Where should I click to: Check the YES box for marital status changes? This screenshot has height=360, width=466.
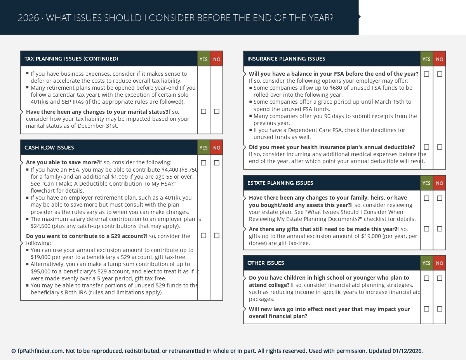203,111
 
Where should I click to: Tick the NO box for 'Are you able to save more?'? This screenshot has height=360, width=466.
217,163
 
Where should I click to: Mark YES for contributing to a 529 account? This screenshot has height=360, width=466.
203,235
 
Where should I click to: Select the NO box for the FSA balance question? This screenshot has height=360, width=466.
440,74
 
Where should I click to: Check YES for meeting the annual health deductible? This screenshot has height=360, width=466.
426,147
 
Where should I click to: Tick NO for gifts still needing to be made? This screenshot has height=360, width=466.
440,229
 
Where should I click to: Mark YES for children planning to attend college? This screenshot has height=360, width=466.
426,278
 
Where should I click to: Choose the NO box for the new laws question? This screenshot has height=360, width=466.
440,309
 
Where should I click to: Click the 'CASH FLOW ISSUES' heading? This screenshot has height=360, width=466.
49,148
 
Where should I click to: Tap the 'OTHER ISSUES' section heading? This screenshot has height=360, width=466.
266,263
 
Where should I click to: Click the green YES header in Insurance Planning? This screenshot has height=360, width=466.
426,59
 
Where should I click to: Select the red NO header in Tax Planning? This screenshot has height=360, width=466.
217,59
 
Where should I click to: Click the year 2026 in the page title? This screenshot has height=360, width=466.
28,18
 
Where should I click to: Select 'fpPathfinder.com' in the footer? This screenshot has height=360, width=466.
40,351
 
